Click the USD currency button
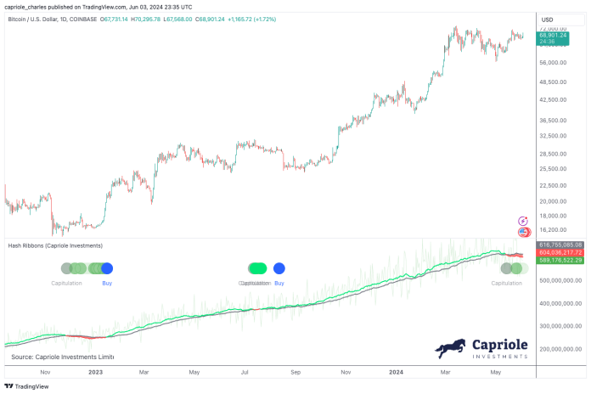[548, 20]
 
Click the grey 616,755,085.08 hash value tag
[560, 245]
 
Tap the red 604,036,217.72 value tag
[560, 252]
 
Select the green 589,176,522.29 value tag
[560, 260]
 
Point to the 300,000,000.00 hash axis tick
[563, 325]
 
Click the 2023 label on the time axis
[95, 371]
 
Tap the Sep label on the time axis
[295, 371]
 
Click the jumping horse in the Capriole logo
[451, 348]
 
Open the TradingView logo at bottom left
[25, 386]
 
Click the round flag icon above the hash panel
[524, 232]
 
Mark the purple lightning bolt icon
[524, 221]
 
